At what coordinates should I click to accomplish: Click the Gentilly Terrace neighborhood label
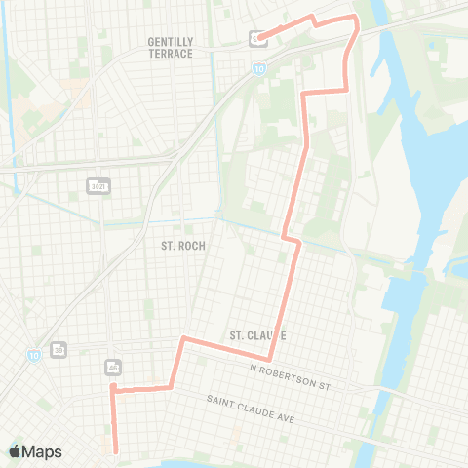169,47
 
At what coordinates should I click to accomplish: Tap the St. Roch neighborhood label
182,246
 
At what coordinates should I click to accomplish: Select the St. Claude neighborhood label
256,335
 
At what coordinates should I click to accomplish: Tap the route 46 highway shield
114,368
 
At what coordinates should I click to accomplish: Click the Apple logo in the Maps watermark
15,451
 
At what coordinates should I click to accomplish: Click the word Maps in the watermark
43,451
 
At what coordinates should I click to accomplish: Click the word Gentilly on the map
169,41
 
